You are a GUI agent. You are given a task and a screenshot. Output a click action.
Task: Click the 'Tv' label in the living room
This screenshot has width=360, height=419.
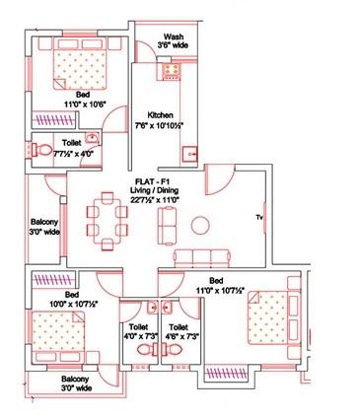(x=258, y=216)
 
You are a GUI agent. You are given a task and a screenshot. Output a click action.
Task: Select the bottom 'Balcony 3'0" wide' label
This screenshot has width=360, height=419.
(x=63, y=384)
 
